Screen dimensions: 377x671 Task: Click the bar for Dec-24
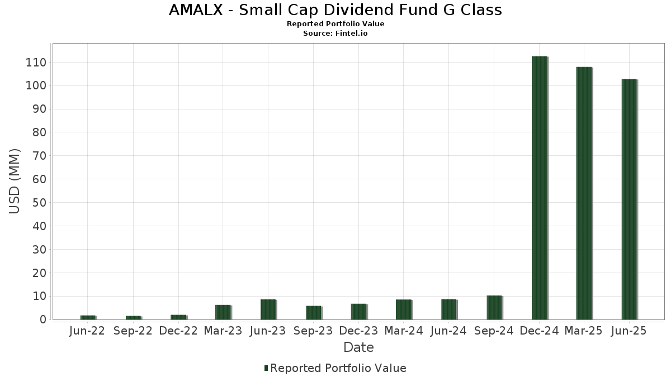coord(539,188)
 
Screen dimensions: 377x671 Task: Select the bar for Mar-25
coord(584,193)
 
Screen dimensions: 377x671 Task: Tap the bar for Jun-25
coord(629,199)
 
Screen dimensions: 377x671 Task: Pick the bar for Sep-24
coord(494,308)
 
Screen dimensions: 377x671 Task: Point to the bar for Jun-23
coord(268,309)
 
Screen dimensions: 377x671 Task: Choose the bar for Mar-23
coord(223,312)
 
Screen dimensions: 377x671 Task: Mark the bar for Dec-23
coord(358,312)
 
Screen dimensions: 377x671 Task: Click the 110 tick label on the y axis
coord(35,63)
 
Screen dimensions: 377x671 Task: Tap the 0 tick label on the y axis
coord(42,320)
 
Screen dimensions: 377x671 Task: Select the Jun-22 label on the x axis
coord(87,331)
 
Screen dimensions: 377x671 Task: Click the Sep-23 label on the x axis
coord(313,331)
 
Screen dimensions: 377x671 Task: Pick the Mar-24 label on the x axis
coord(404,331)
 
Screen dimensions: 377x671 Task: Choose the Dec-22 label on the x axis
coord(178,331)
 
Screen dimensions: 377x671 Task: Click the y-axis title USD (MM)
coord(15,181)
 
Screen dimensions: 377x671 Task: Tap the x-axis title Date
coord(358,347)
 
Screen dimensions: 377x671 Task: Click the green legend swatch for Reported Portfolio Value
coord(266,368)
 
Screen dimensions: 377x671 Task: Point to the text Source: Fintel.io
coord(335,34)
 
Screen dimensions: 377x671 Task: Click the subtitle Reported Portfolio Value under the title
coord(335,24)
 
